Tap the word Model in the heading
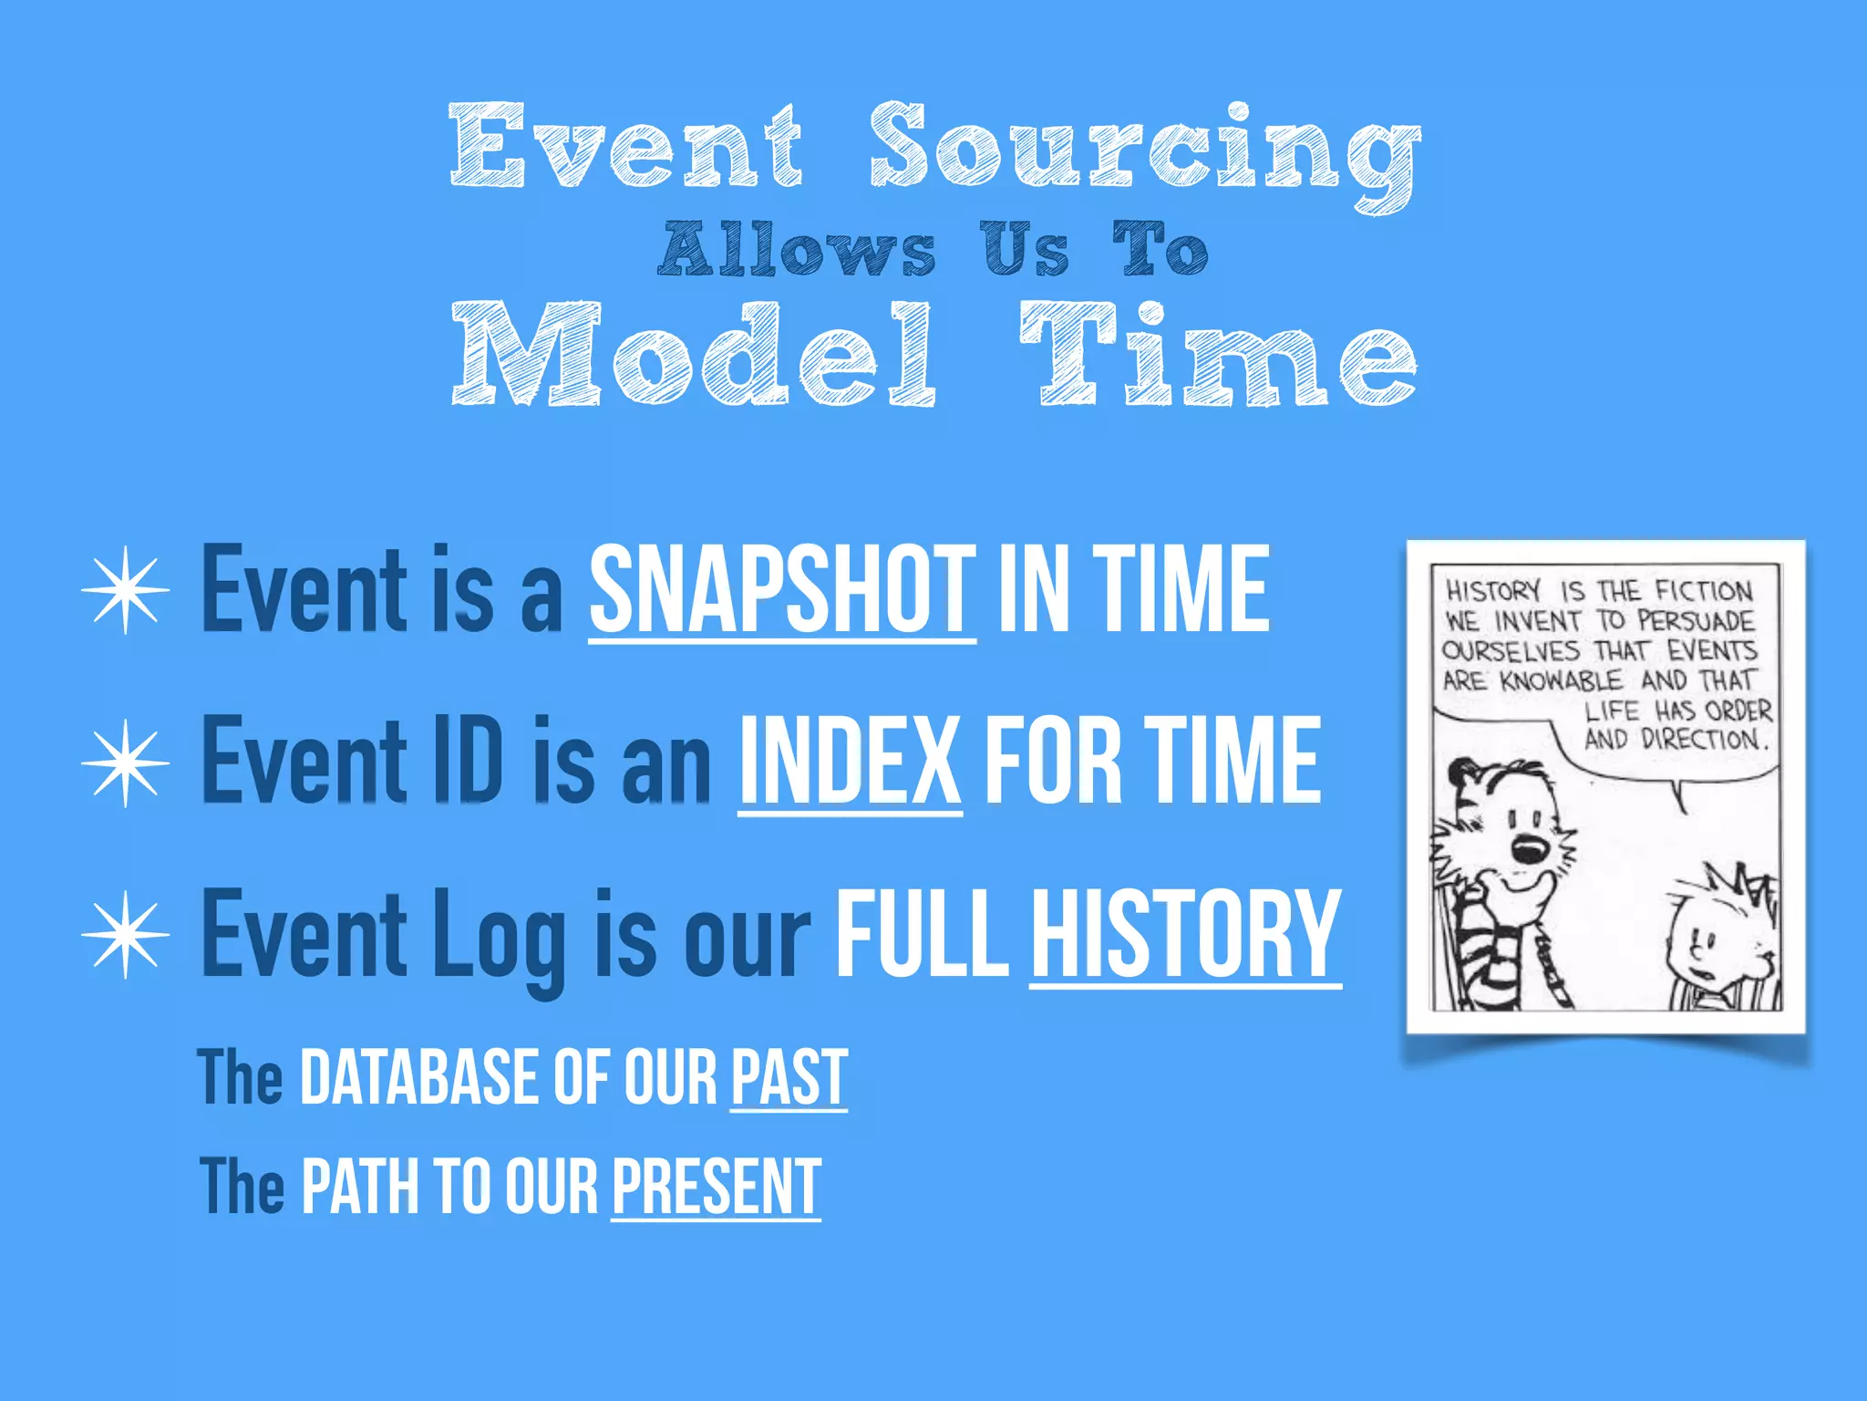pyautogui.click(x=693, y=356)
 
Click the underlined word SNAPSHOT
pyautogui.click(x=782, y=590)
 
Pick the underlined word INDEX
pyautogui.click(x=850, y=762)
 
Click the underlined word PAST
pyautogui.click(x=789, y=1078)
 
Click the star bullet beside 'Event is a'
pyautogui.click(x=126, y=591)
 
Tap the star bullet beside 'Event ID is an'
pyautogui.click(x=126, y=763)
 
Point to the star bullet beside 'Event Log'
pyautogui.click(x=126, y=935)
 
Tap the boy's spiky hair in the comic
pyautogui.click(x=1737, y=889)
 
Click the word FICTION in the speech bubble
pyautogui.click(x=1703, y=591)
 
